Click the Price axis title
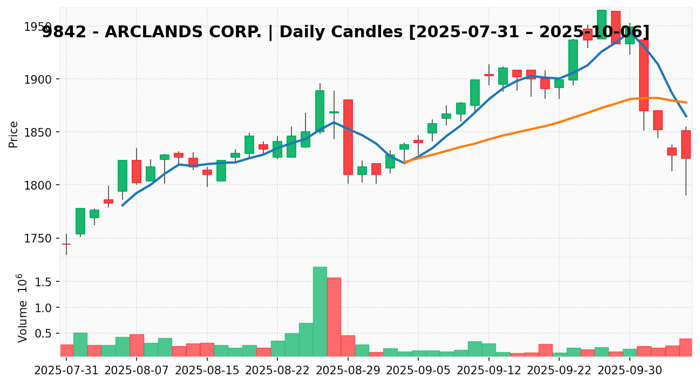click(x=13, y=134)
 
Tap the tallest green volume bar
click(x=320, y=312)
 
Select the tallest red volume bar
click(x=334, y=317)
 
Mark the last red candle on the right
click(x=686, y=144)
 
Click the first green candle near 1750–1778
click(x=80, y=221)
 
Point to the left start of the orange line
click(x=404, y=162)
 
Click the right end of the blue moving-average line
click(x=686, y=116)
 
